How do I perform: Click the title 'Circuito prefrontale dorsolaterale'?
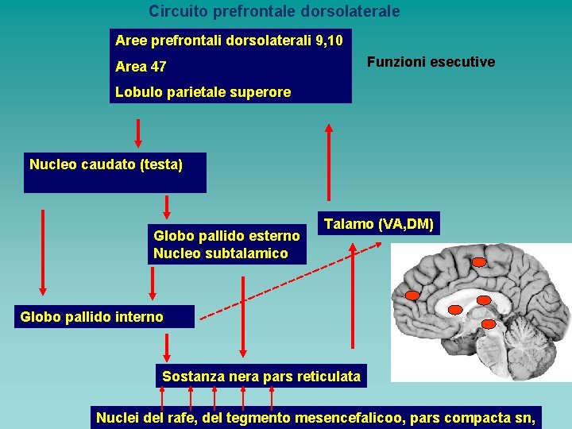(274, 11)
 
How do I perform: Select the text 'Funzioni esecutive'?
(431, 62)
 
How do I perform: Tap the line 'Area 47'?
(141, 67)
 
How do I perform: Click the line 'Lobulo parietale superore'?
(203, 92)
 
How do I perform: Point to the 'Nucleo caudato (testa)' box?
(115, 172)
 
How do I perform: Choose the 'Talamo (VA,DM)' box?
(379, 223)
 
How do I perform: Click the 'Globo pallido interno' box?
(104, 317)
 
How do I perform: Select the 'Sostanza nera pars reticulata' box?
(261, 376)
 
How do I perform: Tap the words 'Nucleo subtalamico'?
(221, 253)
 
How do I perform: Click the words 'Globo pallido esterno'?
(226, 236)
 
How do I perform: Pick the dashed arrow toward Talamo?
(291, 281)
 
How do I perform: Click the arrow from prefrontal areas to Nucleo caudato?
(138, 133)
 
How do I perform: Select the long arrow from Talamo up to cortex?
(329, 162)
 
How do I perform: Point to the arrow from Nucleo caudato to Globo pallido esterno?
(167, 207)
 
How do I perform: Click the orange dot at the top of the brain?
(478, 262)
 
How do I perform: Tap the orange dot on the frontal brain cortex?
(412, 296)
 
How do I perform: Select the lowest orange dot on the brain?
(489, 324)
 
